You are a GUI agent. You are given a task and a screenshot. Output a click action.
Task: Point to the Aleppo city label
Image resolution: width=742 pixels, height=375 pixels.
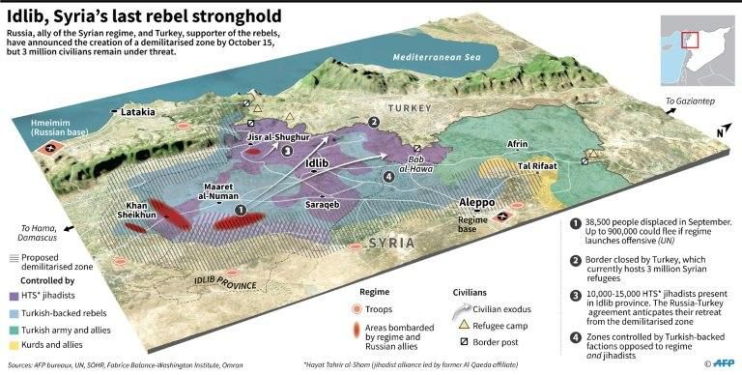(476, 203)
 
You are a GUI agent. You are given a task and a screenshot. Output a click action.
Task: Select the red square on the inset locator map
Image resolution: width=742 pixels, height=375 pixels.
(689, 39)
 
